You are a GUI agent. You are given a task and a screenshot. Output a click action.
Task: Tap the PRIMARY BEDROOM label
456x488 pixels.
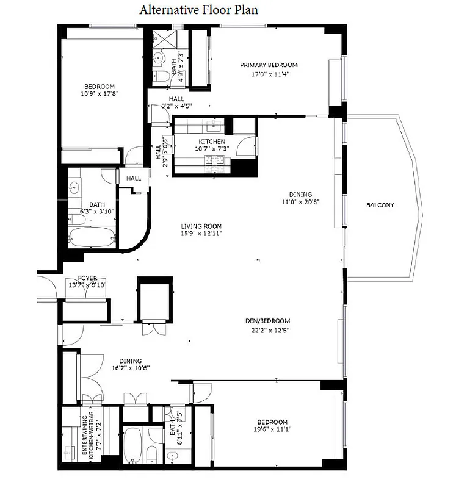[x=268, y=65]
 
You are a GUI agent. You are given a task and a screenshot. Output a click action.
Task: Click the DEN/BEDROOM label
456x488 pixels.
[x=264, y=321]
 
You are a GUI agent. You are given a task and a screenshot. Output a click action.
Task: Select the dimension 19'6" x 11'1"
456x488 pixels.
[x=272, y=429]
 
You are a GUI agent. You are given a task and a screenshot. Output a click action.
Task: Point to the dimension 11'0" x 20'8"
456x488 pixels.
[x=301, y=201]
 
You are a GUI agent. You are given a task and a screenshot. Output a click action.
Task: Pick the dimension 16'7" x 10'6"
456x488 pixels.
[x=130, y=367]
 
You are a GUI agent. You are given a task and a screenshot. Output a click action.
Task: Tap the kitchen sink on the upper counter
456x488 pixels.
[x=214, y=126]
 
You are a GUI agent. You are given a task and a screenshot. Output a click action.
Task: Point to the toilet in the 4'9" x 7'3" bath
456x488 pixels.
[x=161, y=76]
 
